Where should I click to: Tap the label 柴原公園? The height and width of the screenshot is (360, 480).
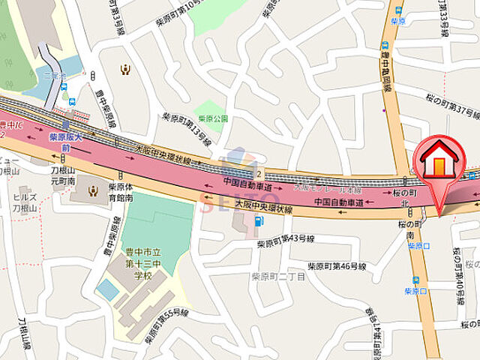coord(214,118)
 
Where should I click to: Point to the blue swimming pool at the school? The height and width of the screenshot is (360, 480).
coord(107,290)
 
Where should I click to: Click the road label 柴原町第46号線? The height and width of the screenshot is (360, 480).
coord(337,266)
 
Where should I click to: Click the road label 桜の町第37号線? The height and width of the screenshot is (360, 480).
coord(452,106)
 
